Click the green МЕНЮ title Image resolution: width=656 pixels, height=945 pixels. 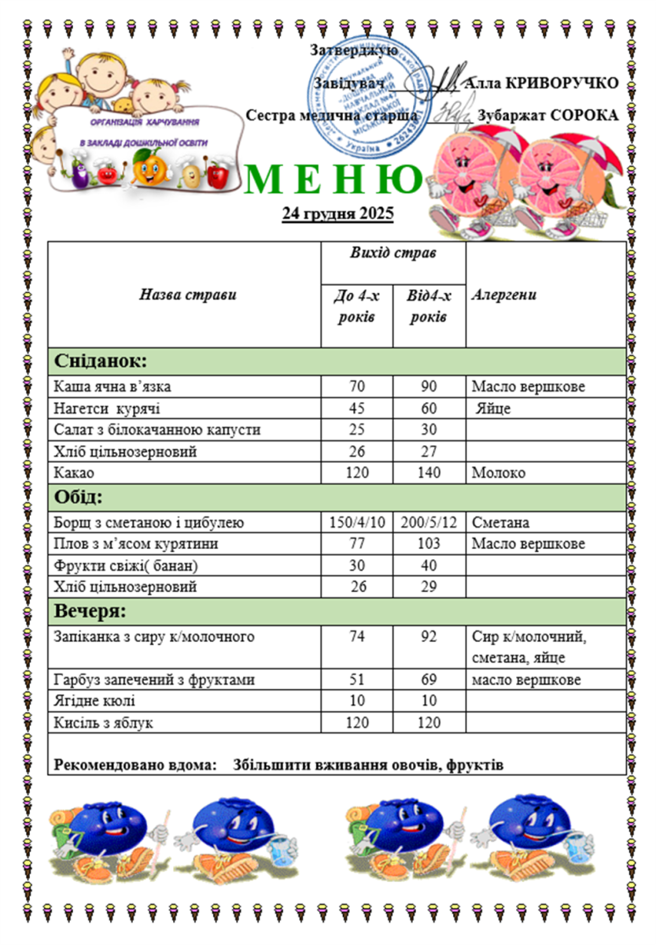tap(335, 180)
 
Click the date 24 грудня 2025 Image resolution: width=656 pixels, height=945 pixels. tap(337, 213)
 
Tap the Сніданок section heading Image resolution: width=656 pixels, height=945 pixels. tap(101, 361)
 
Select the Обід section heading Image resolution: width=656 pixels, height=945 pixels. tap(78, 497)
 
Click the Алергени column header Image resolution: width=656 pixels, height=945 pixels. tap(504, 295)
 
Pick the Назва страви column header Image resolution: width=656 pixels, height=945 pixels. tap(187, 295)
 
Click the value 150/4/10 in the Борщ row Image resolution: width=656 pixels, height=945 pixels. tap(356, 523)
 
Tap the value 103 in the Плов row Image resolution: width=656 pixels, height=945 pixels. tap(429, 543)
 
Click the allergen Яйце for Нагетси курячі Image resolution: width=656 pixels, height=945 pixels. tap(493, 409)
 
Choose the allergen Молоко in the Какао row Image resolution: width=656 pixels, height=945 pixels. tap(498, 473)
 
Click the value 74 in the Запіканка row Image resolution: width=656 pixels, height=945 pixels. tap(356, 636)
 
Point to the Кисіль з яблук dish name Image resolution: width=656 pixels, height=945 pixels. tap(103, 722)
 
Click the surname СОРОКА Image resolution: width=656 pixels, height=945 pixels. tap(584, 115)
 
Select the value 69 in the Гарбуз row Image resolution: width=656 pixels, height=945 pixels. tap(429, 680)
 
